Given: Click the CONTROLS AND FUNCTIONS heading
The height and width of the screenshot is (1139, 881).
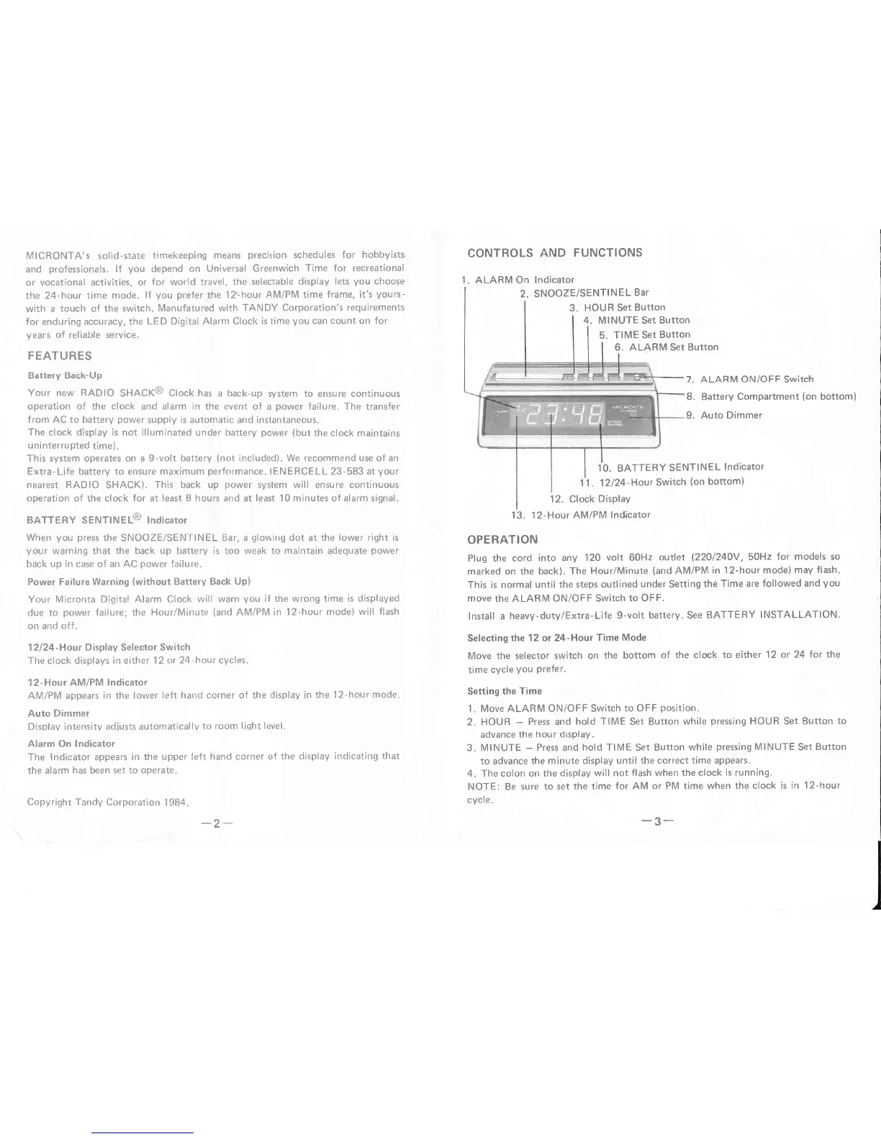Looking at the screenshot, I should [554, 252].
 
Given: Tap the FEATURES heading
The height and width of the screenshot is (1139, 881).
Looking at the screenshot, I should [59, 356].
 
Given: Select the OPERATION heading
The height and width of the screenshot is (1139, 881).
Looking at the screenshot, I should [502, 539].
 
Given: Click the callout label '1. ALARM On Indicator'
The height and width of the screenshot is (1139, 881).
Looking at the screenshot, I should [518, 280].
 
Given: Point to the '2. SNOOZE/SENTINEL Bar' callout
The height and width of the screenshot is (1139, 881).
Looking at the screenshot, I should [584, 293].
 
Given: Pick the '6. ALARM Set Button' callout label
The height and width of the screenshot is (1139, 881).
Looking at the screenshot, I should [666, 347].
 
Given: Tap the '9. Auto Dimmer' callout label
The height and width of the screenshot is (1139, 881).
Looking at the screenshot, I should [723, 415].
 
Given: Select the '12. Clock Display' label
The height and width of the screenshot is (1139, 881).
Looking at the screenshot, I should [589, 498].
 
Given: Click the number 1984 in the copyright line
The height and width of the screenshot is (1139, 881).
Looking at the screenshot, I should [175, 802].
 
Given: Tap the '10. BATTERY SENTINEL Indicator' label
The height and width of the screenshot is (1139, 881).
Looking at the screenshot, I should [680, 467].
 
